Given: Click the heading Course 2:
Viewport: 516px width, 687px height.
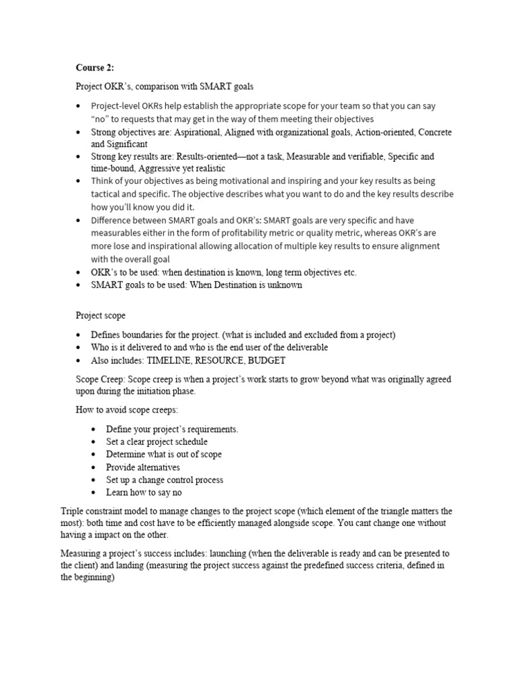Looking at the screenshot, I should (95, 68).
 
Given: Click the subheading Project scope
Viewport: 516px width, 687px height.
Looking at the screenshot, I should (100, 315).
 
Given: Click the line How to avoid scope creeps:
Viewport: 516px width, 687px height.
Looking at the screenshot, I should (127, 410).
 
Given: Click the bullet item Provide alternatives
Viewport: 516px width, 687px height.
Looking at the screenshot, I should (143, 467).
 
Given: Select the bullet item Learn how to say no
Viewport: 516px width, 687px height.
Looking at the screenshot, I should (144, 492).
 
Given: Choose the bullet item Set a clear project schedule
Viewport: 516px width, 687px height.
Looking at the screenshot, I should (157, 441).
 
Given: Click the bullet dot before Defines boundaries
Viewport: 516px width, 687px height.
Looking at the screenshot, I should (79, 335).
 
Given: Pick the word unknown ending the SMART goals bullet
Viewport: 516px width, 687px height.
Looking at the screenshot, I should (286, 284).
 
